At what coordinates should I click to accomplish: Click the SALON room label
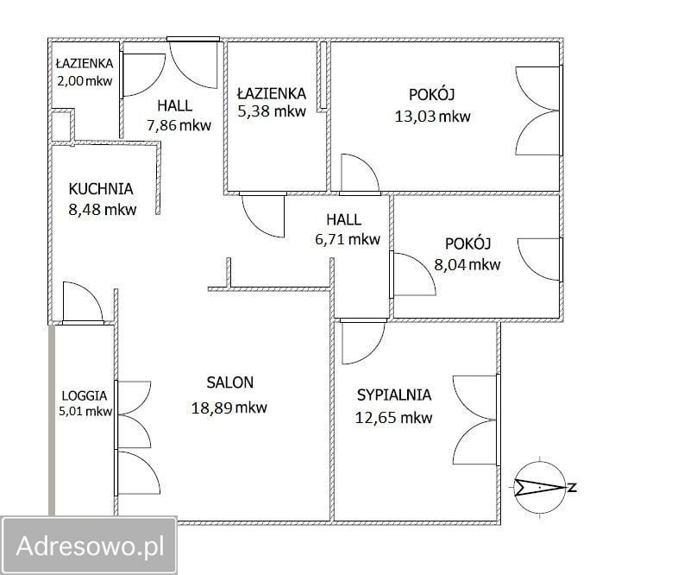(229, 382)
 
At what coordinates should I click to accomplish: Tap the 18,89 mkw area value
(229, 408)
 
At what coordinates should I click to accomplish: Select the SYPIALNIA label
(394, 395)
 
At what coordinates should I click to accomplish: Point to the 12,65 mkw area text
(393, 419)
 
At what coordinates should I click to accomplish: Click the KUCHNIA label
(101, 188)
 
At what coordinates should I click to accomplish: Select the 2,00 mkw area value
(84, 80)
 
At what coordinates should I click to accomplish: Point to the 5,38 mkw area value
(272, 112)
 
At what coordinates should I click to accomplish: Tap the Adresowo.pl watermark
(90, 546)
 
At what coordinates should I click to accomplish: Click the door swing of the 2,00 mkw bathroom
(142, 75)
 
